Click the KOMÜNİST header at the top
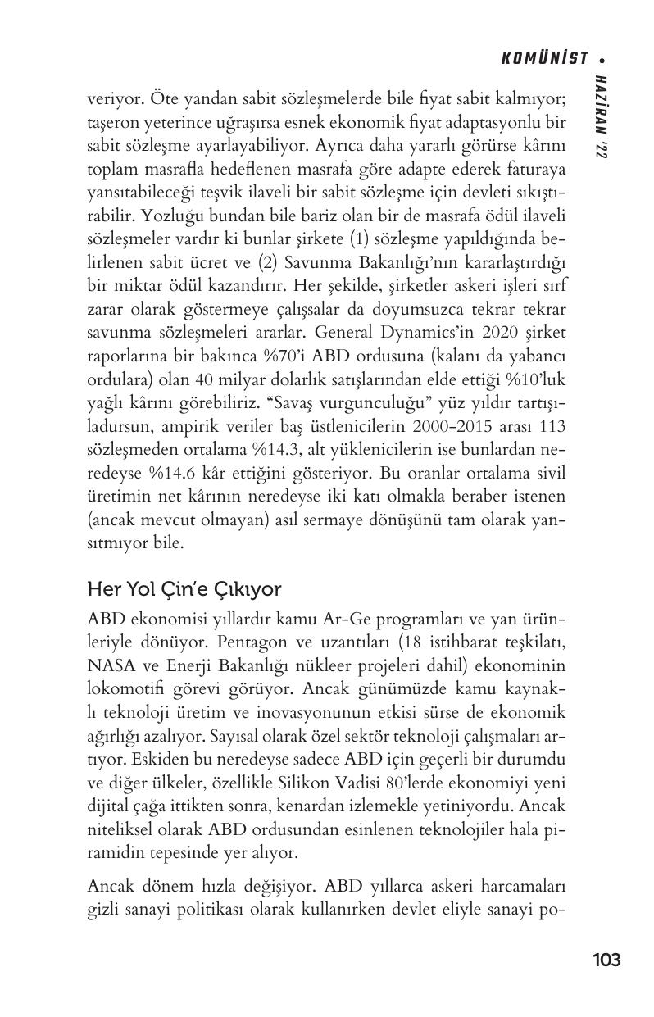point(544,59)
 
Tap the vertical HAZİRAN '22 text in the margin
point(602,119)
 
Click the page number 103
point(606,960)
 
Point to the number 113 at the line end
point(552,427)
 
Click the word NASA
point(109,662)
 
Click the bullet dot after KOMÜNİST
point(602,59)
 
